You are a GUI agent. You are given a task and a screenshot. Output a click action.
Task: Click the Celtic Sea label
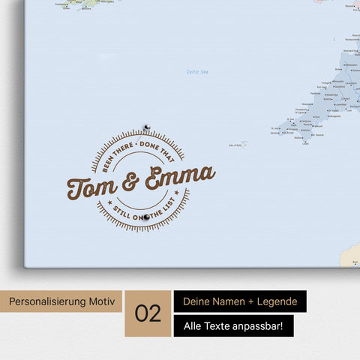pyautogui.click(x=197, y=72)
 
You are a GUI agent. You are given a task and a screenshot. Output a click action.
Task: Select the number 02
pyautogui.click(x=148, y=313)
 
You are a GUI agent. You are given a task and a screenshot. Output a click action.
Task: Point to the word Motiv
pyautogui.click(x=103, y=302)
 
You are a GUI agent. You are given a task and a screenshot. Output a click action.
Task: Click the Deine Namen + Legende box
pyautogui.click(x=240, y=301)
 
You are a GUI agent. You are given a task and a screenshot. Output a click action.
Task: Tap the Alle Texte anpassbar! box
pyautogui.click(x=233, y=325)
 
